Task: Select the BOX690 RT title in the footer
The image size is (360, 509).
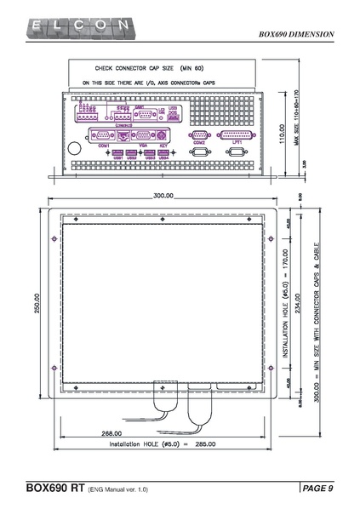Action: pyautogui.click(x=55, y=489)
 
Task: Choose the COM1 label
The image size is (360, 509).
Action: pyautogui.click(x=105, y=146)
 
